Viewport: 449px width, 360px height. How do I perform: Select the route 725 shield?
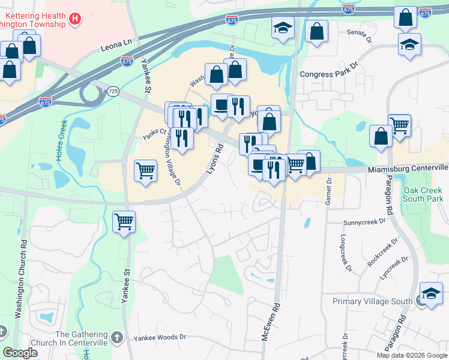click(113, 91)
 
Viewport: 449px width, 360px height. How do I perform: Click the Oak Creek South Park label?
click(423, 194)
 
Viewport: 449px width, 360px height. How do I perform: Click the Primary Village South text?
click(372, 301)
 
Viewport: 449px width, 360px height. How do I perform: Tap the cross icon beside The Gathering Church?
click(118, 337)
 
